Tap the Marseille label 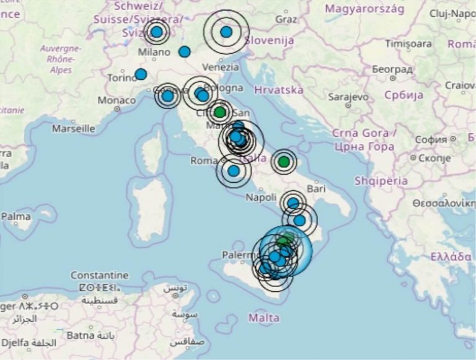pos(73,129)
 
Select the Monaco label pos(117,100)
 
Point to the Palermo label pos(241,255)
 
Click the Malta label pos(264,318)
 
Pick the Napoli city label pos(260,198)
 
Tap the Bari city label pos(315,187)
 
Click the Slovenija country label pos(269,40)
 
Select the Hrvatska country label pos(279,90)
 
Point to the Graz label pos(286,19)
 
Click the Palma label pos(16,217)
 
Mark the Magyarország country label pos(364,9)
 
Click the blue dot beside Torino pos(141,74)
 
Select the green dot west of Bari pos(283,162)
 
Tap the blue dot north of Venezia pos(226,32)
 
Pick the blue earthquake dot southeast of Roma pos(233,170)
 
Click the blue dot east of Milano pos(184,52)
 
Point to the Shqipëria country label pos(381,181)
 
